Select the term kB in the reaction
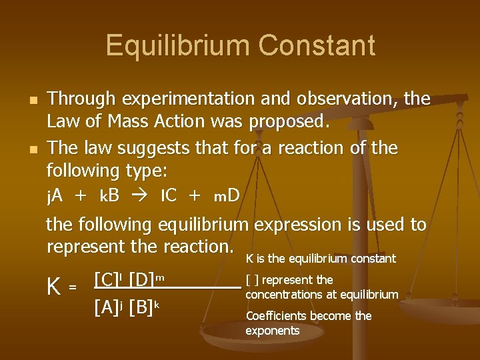click(x=109, y=196)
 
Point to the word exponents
click(x=273, y=330)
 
